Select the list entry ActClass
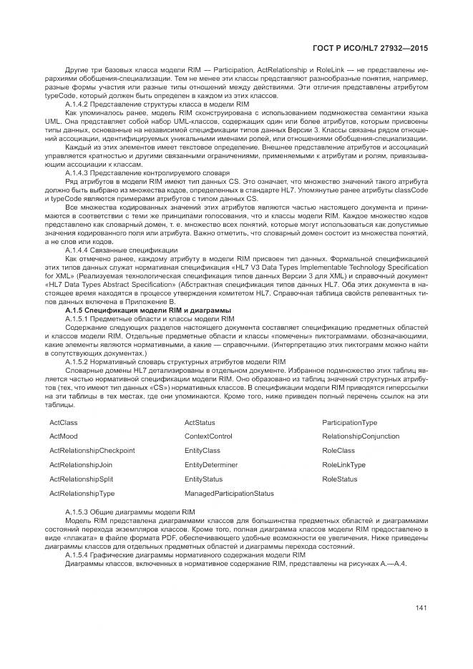64,423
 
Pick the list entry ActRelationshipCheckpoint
92,451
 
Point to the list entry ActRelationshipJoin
81,465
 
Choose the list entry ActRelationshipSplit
81,479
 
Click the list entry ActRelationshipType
82,494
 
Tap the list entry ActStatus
200,423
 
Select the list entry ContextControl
208,436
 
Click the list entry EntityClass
203,451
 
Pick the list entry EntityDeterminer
211,465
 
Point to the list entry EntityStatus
204,479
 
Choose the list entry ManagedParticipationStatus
229,494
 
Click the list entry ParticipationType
350,423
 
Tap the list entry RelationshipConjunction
361,436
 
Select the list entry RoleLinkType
344,465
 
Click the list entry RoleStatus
340,479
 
